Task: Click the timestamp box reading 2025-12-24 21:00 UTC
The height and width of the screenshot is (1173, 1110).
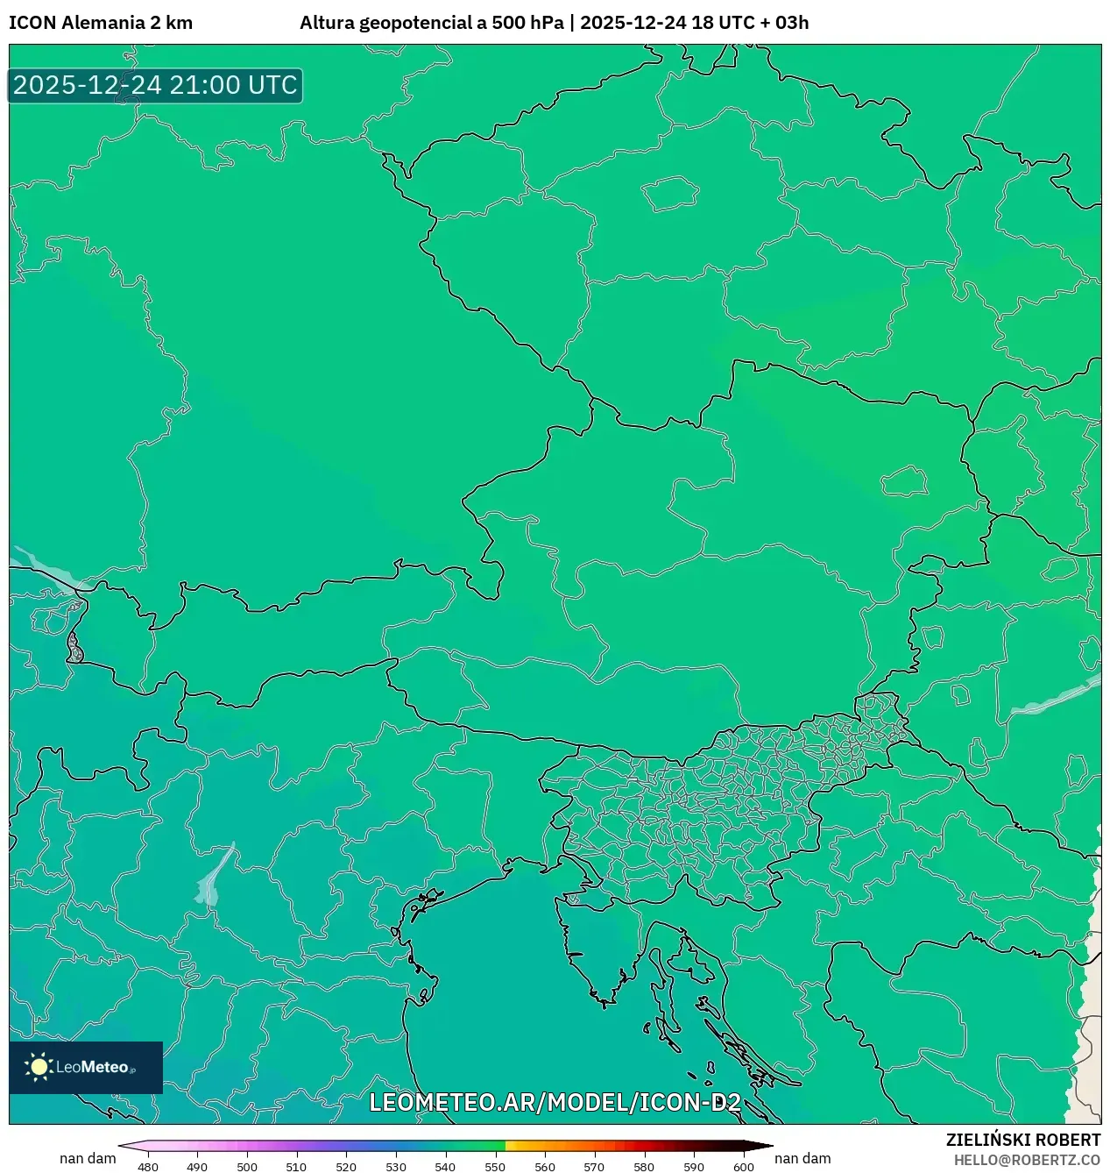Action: [x=155, y=86]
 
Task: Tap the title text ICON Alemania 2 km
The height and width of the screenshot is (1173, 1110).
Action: [x=101, y=23]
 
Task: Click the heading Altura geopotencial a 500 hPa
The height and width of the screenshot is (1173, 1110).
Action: [x=431, y=23]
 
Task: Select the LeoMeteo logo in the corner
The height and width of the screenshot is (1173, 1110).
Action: [x=86, y=1067]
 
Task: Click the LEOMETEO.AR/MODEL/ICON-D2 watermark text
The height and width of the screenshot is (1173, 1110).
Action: [x=555, y=1102]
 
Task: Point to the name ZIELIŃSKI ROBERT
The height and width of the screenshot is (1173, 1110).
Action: [x=1022, y=1140]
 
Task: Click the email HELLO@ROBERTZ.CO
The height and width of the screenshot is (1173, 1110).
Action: [x=1027, y=1160]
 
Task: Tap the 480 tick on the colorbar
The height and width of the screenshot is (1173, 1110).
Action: [x=148, y=1167]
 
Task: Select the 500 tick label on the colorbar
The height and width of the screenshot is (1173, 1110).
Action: [x=247, y=1167]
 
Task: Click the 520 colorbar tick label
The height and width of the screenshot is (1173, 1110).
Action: [x=346, y=1167]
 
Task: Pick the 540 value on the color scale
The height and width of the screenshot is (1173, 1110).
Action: [x=445, y=1167]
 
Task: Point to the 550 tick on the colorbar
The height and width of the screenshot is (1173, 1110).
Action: [x=495, y=1167]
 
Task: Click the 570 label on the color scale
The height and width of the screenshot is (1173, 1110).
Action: [x=594, y=1167]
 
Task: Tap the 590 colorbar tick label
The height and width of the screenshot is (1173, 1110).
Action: [x=694, y=1167]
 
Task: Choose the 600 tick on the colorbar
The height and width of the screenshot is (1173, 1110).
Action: [x=743, y=1167]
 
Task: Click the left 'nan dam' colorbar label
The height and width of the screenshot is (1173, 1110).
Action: [x=88, y=1158]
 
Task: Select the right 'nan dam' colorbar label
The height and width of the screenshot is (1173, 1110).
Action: [x=802, y=1158]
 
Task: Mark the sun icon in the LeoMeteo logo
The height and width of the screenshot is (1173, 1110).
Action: [x=39, y=1067]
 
